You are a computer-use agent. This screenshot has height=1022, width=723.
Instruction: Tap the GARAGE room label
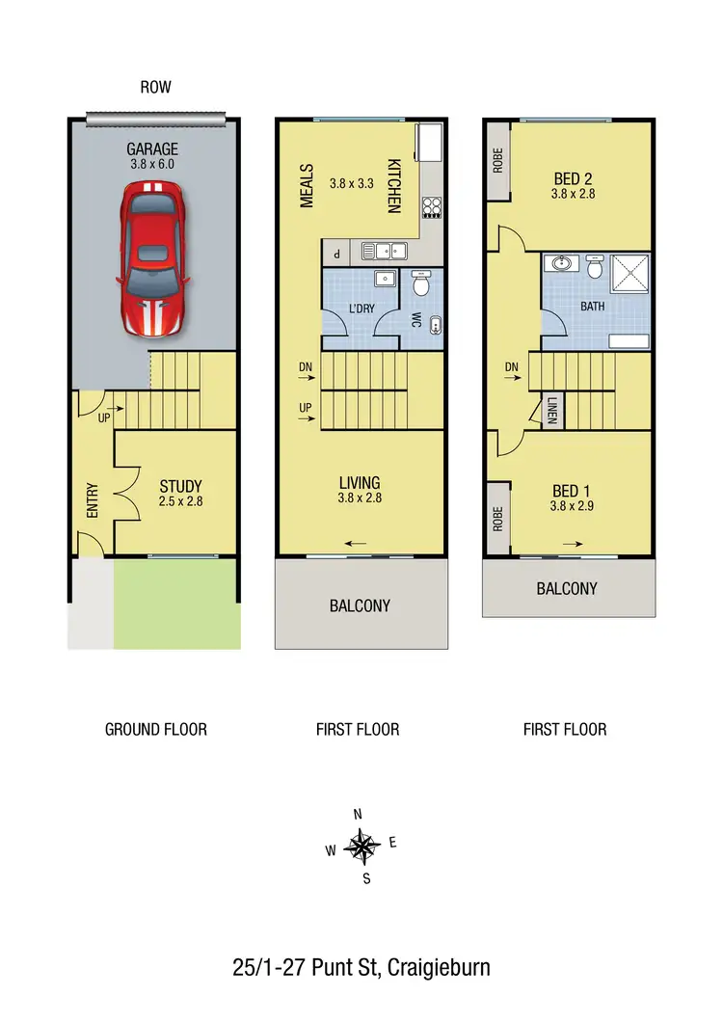tap(152, 149)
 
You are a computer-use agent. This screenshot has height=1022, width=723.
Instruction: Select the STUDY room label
tap(180, 486)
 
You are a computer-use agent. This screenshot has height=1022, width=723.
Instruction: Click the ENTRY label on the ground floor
tap(93, 502)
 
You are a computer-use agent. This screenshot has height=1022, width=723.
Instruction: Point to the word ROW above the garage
tap(155, 88)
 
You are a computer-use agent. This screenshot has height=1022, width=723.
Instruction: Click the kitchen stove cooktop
tap(432, 207)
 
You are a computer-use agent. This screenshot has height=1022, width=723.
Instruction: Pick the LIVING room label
tap(359, 482)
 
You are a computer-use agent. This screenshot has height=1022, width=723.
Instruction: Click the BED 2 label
tap(575, 178)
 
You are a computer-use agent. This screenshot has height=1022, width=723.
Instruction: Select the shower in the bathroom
tap(631, 274)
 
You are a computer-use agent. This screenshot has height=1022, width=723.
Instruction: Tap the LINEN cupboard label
tap(552, 412)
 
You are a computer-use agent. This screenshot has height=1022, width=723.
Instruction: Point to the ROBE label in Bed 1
tap(498, 521)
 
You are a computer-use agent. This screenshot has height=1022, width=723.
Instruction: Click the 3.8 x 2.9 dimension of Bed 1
tap(575, 505)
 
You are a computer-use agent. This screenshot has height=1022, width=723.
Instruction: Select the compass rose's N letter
tap(359, 815)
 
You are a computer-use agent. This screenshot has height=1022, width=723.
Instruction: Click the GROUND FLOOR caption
tap(155, 729)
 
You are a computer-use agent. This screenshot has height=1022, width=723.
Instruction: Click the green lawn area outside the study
tap(176, 603)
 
